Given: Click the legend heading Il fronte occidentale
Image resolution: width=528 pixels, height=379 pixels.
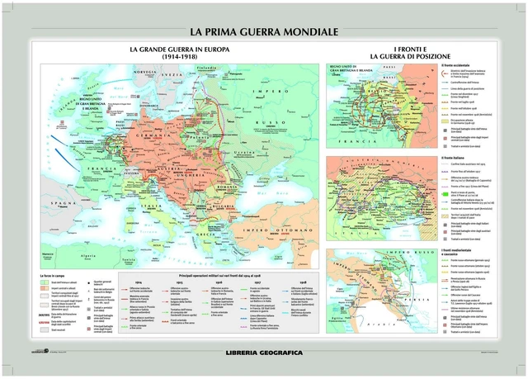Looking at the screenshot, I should [x=458, y=64].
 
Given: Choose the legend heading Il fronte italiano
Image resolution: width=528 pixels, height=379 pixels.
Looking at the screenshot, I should [x=455, y=159].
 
